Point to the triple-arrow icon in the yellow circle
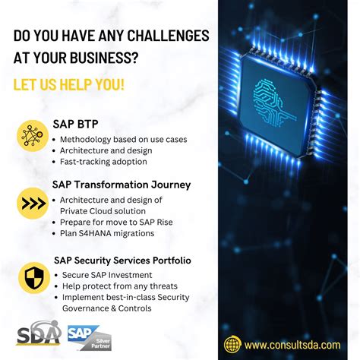(x=33, y=203)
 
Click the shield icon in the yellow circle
(x=33, y=276)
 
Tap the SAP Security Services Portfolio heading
(x=122, y=261)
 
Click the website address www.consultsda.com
(x=292, y=345)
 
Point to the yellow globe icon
(x=232, y=345)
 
